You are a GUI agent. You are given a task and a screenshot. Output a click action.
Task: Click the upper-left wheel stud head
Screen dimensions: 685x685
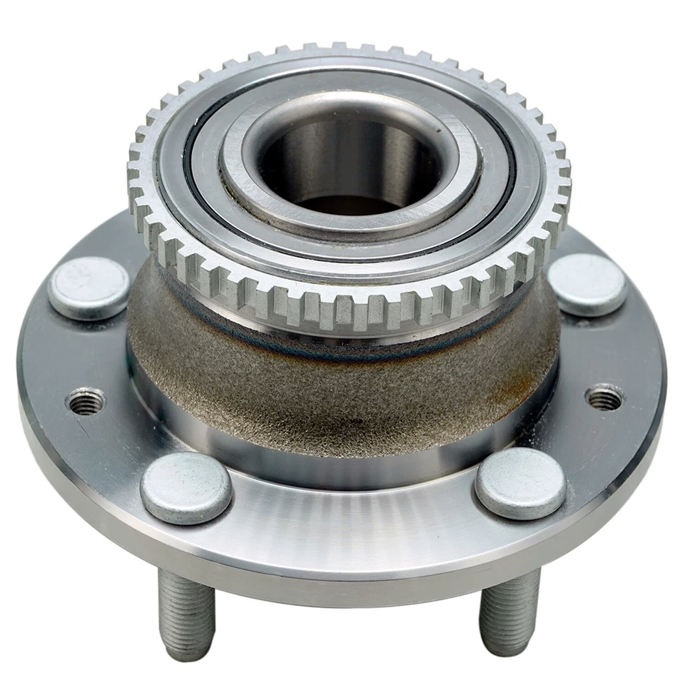click(89, 288)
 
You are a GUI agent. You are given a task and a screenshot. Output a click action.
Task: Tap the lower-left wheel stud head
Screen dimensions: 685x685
click(186, 488)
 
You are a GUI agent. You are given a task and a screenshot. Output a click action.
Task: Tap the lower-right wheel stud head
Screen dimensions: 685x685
click(520, 484)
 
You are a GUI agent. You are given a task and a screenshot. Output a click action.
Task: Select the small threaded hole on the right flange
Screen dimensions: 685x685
click(604, 397)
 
